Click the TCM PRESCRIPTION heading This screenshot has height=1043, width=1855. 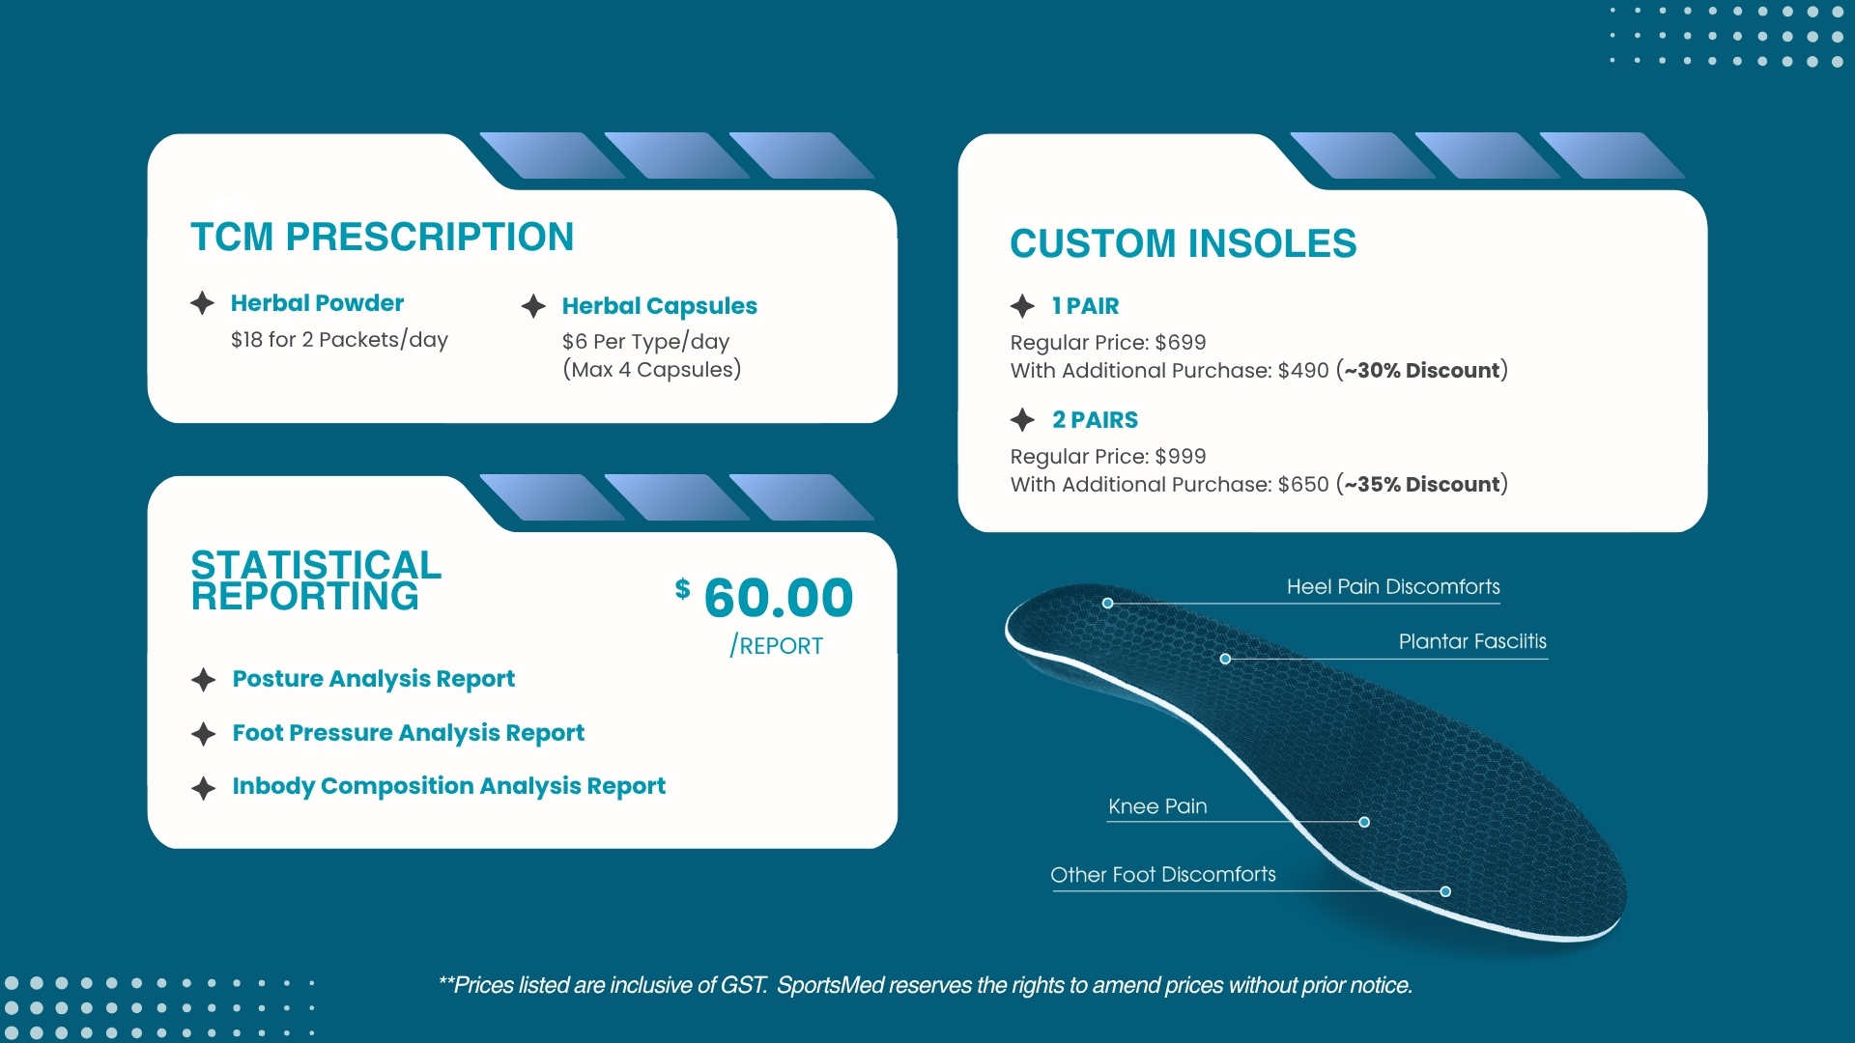(383, 238)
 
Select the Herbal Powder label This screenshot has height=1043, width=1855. (317, 303)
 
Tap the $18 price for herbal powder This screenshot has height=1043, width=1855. (246, 340)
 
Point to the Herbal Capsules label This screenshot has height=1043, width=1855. (660, 306)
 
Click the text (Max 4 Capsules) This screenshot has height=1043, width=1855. (652, 370)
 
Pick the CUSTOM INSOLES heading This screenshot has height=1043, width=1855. (1184, 243)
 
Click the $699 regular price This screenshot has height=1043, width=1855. (1181, 343)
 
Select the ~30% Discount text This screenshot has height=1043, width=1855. (1422, 371)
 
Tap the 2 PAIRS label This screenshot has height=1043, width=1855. (1095, 420)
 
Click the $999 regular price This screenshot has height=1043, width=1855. (1181, 457)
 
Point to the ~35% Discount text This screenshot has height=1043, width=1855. (1422, 485)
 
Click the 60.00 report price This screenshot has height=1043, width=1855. (779, 598)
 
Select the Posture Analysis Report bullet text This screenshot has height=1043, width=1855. (374, 679)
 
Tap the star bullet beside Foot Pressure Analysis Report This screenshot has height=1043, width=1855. (203, 734)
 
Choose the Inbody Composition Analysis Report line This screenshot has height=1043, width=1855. (449, 786)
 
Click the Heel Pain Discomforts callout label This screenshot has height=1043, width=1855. (1393, 587)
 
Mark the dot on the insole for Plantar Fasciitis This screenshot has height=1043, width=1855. (1225, 659)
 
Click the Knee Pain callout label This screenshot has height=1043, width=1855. (1157, 806)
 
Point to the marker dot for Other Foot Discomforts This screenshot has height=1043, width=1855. (1445, 891)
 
